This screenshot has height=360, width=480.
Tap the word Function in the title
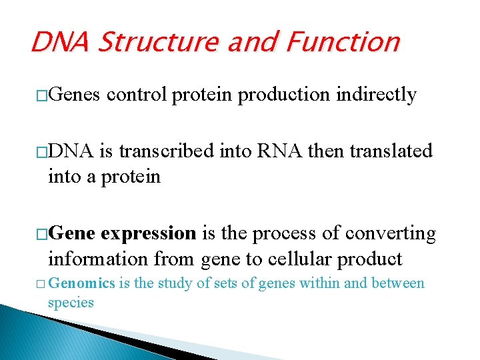pos(343,43)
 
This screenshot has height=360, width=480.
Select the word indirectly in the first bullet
pos(377,95)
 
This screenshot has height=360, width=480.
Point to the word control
pos(137,95)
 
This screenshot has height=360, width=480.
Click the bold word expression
pos(149,234)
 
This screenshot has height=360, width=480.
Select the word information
pos(99,259)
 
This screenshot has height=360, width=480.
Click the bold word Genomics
pos(83,283)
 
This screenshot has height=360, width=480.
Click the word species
pos(71,302)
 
